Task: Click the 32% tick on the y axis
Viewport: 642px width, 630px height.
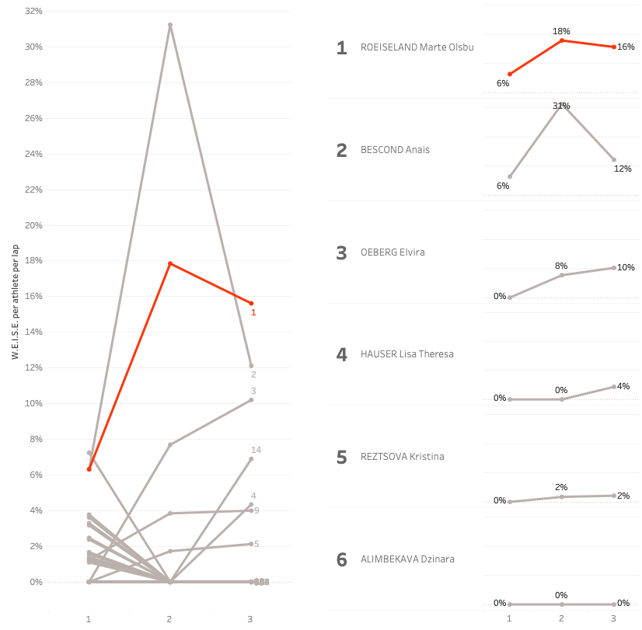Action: tap(33, 12)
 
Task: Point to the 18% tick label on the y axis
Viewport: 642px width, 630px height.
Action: tap(33, 261)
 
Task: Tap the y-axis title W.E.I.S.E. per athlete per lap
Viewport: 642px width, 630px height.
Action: tap(15, 301)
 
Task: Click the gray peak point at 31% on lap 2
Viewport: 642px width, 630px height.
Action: tap(170, 25)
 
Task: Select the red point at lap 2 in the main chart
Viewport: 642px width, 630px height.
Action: tap(170, 263)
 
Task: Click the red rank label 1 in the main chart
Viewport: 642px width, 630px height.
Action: tap(253, 312)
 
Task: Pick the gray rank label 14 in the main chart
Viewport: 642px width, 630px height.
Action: tap(256, 450)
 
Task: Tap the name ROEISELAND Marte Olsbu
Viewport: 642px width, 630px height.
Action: tap(417, 47)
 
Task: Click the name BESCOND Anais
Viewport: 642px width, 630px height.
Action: tap(395, 150)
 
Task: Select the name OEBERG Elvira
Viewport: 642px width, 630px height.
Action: tap(393, 252)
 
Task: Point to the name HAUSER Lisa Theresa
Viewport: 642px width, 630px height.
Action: tap(406, 354)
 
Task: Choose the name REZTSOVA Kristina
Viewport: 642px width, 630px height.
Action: tap(403, 457)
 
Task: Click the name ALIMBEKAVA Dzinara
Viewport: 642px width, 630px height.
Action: tap(407, 559)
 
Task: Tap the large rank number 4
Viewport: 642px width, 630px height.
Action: tap(341, 354)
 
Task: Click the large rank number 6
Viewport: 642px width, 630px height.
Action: tap(341, 559)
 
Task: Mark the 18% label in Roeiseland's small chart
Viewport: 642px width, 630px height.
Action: tap(561, 31)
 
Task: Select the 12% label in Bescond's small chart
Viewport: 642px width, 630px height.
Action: tap(623, 169)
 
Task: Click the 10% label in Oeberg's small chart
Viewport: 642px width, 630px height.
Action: tap(626, 268)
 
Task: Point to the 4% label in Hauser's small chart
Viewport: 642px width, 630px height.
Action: tap(623, 386)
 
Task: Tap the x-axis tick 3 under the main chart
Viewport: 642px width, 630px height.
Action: tap(250, 619)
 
